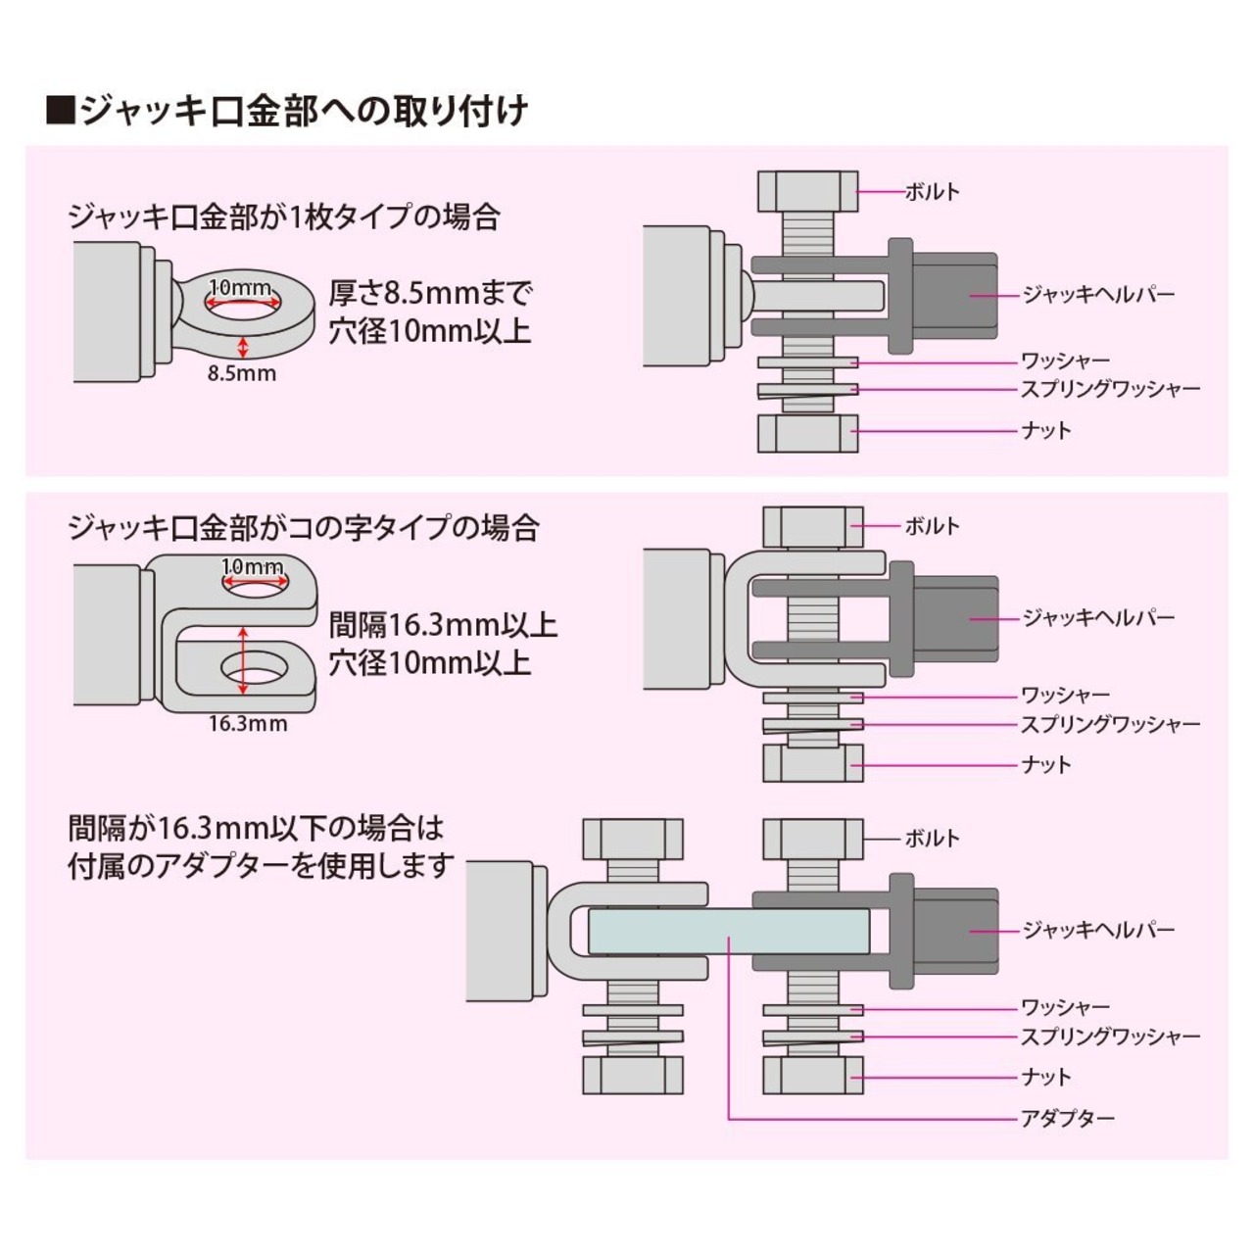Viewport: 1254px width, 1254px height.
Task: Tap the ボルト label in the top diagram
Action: (932, 192)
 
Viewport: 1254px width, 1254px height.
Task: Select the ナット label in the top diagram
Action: (1045, 431)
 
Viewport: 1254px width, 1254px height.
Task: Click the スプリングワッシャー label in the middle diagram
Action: (1110, 725)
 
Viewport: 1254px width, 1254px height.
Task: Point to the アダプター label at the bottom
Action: (1067, 1118)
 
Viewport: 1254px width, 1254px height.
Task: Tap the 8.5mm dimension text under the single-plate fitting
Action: (242, 373)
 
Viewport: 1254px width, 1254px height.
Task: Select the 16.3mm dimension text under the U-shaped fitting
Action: (248, 725)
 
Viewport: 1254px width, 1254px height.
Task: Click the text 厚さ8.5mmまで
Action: (431, 293)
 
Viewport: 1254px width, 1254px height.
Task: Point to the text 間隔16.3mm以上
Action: (443, 625)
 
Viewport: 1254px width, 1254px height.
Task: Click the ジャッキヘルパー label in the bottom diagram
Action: (1098, 930)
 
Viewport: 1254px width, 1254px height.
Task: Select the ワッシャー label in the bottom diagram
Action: (1065, 1007)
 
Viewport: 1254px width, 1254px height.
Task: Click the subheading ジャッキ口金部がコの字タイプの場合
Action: (304, 529)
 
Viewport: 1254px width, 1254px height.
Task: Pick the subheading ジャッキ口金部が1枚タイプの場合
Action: (283, 217)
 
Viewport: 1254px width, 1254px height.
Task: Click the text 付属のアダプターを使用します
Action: (262, 866)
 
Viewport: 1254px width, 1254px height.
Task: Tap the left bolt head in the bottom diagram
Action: (633, 839)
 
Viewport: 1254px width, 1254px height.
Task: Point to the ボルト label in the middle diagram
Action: (932, 526)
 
